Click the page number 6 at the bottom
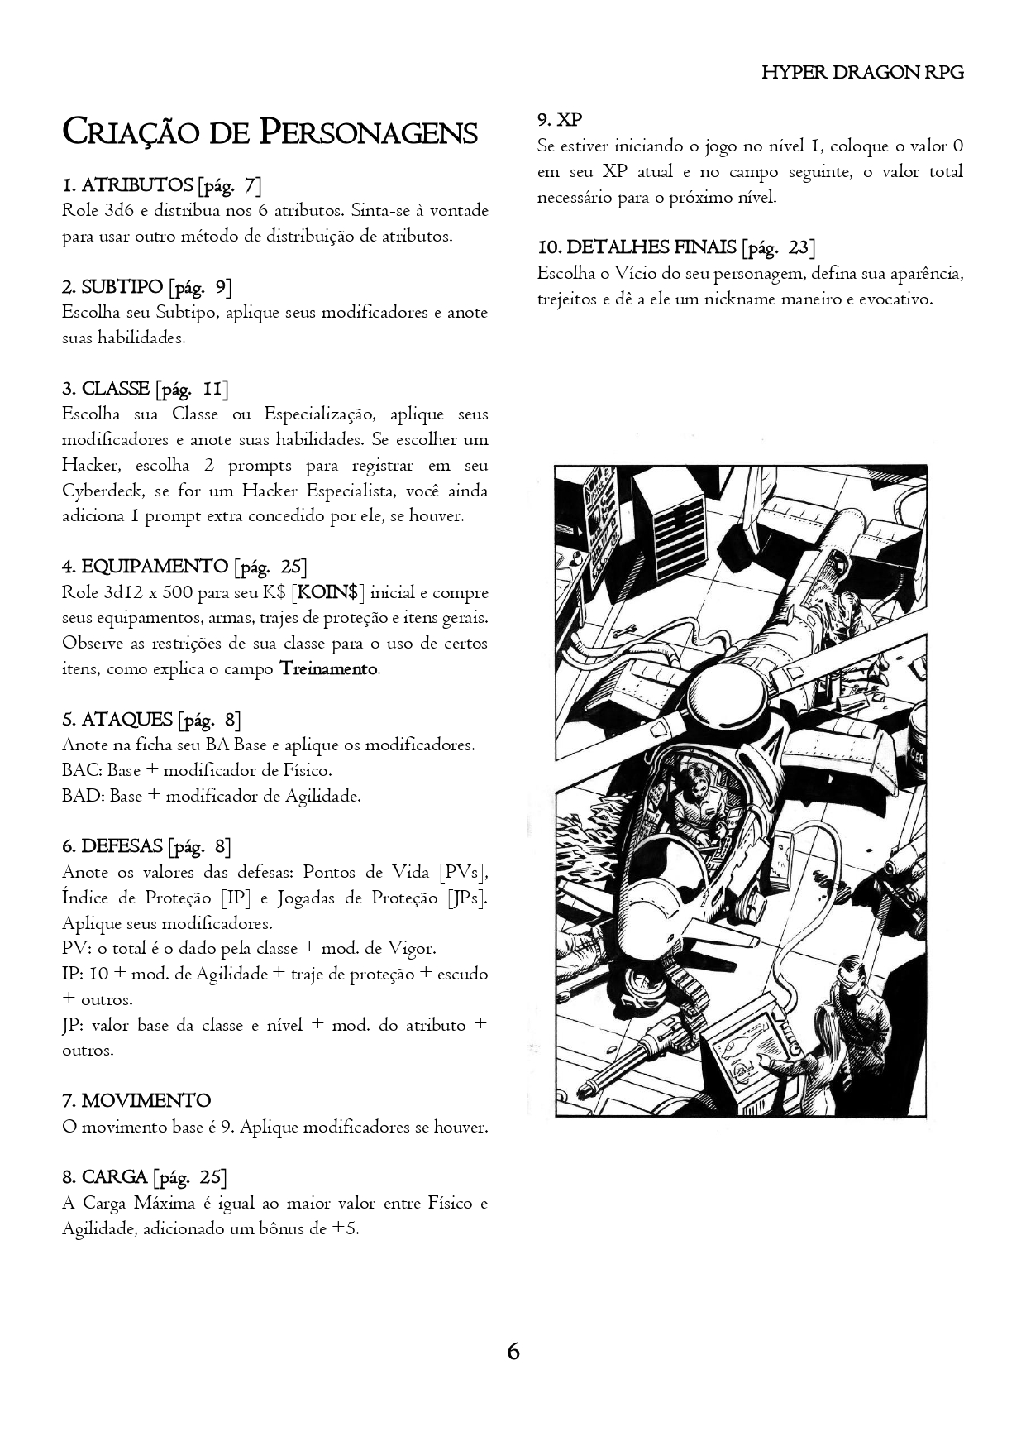point(513,1352)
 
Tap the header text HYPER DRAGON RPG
point(862,72)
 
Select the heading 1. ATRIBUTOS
point(127,184)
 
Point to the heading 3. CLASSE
point(106,389)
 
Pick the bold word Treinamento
point(329,668)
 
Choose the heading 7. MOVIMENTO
point(136,1101)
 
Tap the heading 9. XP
point(560,120)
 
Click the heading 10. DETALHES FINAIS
point(637,247)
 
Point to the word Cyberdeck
point(103,491)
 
